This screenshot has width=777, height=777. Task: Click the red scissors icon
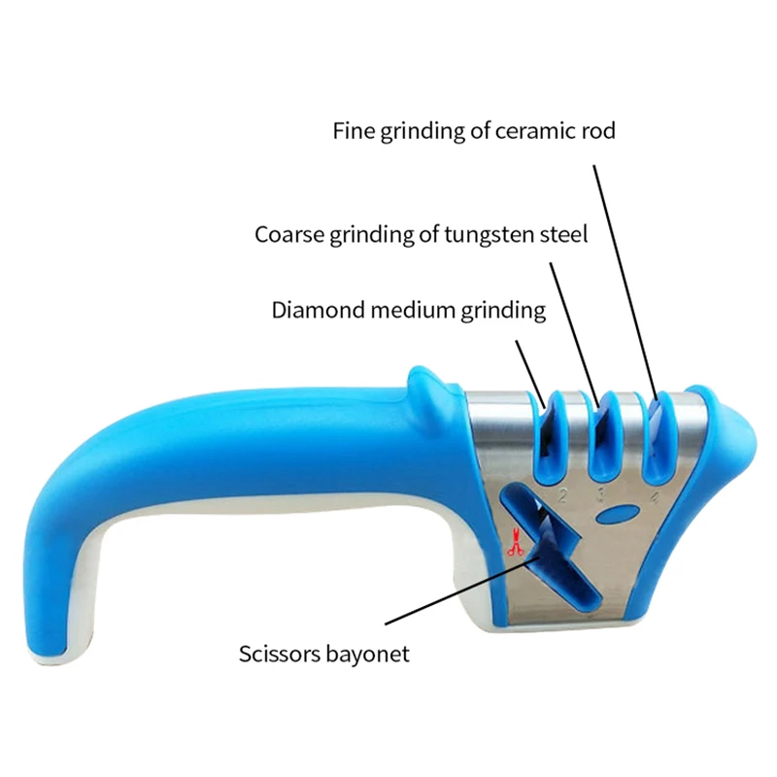pyautogui.click(x=516, y=543)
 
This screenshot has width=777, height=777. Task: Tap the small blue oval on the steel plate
pyautogui.click(x=617, y=515)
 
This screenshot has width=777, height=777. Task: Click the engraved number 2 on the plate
pyautogui.click(x=562, y=494)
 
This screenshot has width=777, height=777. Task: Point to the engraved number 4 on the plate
pyautogui.click(x=655, y=496)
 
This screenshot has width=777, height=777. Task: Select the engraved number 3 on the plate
pyautogui.click(x=601, y=494)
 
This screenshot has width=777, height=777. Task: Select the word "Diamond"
pyautogui.click(x=319, y=310)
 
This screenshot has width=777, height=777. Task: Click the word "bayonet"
pyautogui.click(x=367, y=654)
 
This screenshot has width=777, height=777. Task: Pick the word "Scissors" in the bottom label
pyautogui.click(x=280, y=654)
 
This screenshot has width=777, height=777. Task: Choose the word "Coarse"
pyautogui.click(x=289, y=234)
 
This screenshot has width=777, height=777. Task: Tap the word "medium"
pyautogui.click(x=414, y=310)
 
